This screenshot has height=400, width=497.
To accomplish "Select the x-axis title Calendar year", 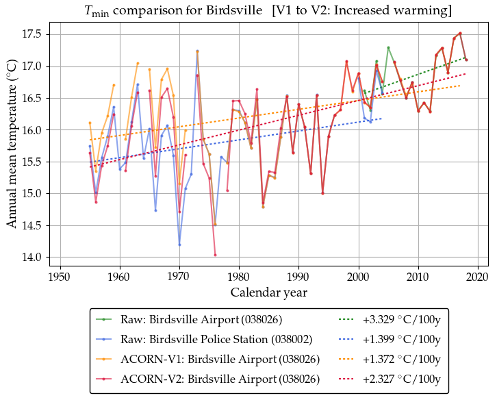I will [268, 292].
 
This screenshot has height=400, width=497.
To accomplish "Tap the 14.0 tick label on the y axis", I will [30, 257].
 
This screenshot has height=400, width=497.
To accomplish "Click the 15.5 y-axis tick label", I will [30, 162].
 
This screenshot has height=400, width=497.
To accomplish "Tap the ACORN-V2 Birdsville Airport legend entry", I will [220, 379].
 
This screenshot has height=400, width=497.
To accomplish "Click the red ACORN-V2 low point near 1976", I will [215, 255].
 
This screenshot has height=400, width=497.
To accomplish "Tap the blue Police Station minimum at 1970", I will [179, 245].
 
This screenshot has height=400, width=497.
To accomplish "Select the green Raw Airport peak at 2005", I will [388, 47].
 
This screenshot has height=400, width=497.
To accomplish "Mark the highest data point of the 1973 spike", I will [197, 51].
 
